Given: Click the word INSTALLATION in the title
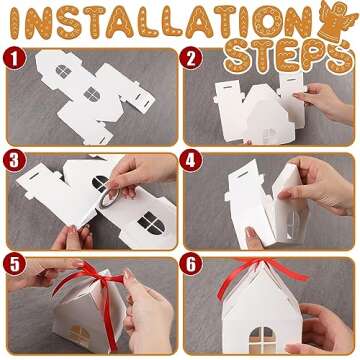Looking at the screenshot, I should tap(150, 22).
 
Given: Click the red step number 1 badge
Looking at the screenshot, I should tap(14, 58).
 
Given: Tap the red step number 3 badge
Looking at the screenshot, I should tap(14, 160).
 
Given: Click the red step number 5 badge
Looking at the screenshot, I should tap(14, 265).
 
